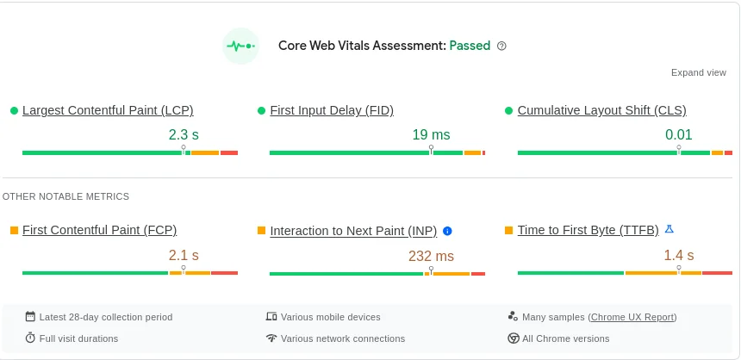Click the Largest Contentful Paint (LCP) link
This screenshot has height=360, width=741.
tap(108, 110)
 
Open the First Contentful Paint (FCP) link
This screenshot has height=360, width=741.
tap(99, 230)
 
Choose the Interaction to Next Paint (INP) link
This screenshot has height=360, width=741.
tap(353, 231)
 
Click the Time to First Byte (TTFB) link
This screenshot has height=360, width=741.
tap(588, 230)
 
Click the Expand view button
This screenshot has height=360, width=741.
tap(698, 72)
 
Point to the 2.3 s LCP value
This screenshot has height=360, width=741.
tap(184, 134)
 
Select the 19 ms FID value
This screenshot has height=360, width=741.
tap(431, 134)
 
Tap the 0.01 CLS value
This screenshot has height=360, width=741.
tap(678, 134)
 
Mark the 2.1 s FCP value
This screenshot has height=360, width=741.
tap(184, 255)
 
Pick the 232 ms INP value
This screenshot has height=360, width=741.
tap(431, 256)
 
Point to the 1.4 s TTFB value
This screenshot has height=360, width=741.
tap(678, 255)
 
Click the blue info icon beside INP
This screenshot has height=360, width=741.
tap(447, 231)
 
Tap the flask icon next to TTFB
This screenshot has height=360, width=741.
tap(669, 229)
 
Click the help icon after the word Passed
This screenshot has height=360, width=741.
tap(502, 46)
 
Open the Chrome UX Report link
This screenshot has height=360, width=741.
tap(633, 317)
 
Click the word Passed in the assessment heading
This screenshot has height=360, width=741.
tap(470, 46)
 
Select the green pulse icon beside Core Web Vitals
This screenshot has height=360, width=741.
tap(240, 46)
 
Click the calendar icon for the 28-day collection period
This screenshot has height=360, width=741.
tap(30, 317)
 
